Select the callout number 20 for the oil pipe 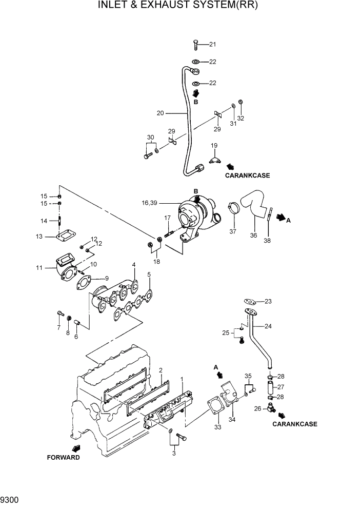tap(160, 113)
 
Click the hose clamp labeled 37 tap(232, 208)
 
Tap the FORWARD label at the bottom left tap(64, 457)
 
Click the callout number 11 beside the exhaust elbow tap(39, 268)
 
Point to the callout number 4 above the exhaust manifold tap(133, 265)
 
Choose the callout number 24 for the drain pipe tap(268, 326)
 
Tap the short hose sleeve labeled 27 tap(270, 387)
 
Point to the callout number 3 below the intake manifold tap(174, 454)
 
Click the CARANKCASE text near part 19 tap(247, 175)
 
